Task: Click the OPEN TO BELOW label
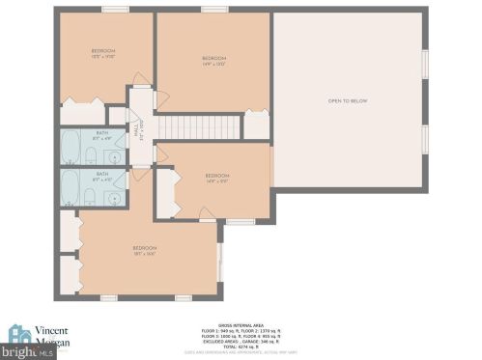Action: point(348,101)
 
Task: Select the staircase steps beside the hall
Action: point(197,126)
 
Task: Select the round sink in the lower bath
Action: point(115,197)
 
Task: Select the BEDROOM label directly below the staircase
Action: point(216,176)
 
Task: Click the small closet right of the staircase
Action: point(256,126)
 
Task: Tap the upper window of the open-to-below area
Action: point(424,63)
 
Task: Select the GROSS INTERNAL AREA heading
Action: point(239,324)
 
